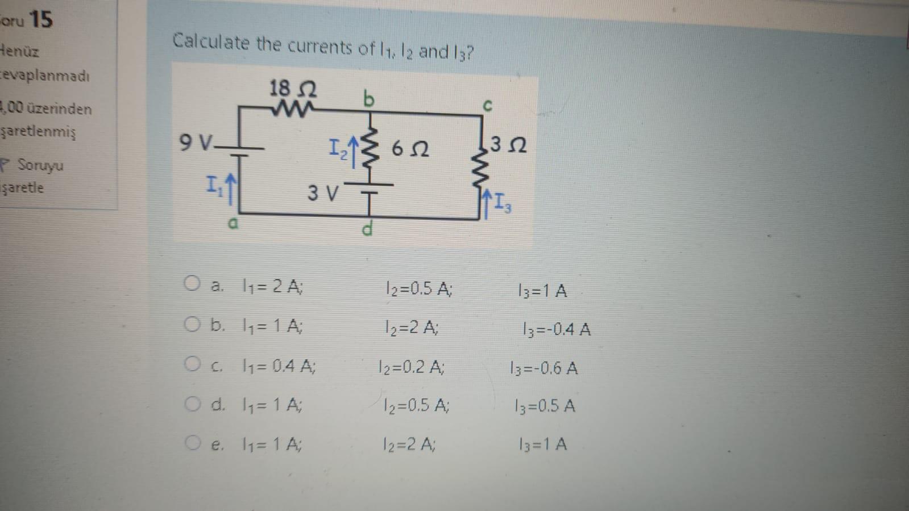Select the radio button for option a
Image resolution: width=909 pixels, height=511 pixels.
pos(192,284)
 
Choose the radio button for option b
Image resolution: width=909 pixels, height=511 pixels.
pos(192,325)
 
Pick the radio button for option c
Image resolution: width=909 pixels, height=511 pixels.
pos(192,364)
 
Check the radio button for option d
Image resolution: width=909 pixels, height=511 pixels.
pos(192,404)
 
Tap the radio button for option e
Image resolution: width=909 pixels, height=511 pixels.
pos(192,443)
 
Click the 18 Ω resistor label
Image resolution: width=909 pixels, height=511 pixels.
pos(293,89)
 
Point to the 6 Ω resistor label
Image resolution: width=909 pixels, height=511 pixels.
pos(410,149)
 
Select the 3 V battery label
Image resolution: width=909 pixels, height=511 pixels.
pos(323,193)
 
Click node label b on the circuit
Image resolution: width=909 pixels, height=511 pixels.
pos(369,99)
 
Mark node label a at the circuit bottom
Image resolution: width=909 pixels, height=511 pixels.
pos(232,223)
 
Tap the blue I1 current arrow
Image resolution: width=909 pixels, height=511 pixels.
pos(229,188)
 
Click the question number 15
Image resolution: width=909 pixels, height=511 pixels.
pos(40,20)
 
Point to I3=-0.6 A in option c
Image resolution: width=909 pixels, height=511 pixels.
pos(544,368)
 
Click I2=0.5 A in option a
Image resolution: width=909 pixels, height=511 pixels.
pos(418,289)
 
